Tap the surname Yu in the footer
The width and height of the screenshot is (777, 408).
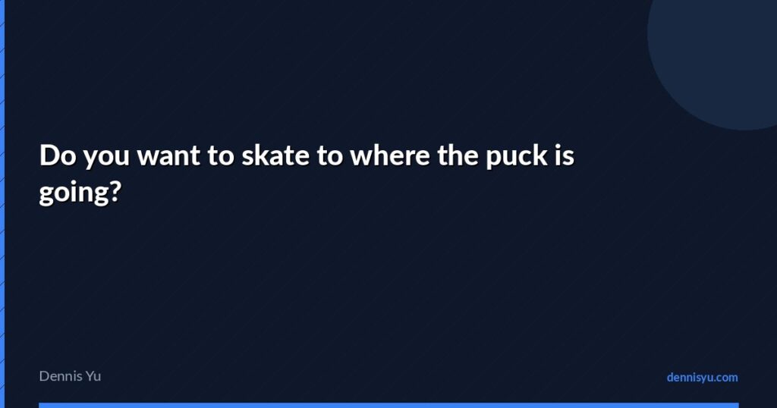tap(93, 375)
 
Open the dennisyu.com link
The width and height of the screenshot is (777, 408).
tap(702, 377)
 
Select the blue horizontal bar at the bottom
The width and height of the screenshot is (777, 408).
tap(388, 405)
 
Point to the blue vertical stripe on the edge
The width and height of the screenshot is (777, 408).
tap(2, 204)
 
